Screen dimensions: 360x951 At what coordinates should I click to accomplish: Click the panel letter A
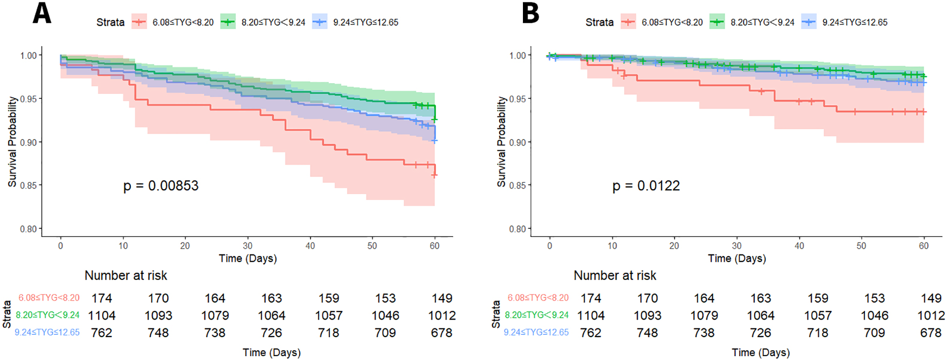point(42,14)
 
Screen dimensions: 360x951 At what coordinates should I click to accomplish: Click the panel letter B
point(530,14)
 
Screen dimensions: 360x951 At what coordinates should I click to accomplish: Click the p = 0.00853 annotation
point(161,186)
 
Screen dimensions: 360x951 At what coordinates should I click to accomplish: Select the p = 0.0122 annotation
point(646,186)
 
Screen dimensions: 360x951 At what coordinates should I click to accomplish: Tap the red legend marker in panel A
point(139,22)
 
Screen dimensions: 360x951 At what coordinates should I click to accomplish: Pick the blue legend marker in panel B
point(808,22)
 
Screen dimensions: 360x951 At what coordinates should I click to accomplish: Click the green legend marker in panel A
point(228,22)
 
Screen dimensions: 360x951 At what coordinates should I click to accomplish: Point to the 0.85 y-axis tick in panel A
point(28,185)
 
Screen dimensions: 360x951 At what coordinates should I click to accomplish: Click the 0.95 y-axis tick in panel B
point(517,99)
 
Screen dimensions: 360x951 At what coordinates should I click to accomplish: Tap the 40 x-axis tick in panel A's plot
point(310,246)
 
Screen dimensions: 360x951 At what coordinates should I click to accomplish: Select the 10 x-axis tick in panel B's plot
point(612,246)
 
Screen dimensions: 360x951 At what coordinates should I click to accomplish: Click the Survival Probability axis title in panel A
point(12,142)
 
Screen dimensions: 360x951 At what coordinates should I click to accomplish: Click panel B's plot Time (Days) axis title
point(736,258)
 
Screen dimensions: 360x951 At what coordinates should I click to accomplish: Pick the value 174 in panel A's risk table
point(102,298)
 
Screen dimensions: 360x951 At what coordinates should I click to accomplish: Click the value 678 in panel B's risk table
point(931,333)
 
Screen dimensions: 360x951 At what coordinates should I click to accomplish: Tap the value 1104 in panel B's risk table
point(591,316)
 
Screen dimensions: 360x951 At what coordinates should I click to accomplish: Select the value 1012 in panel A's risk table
point(442,316)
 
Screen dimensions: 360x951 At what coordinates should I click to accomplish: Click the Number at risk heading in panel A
point(126,276)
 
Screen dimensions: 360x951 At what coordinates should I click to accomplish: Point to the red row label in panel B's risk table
point(538,298)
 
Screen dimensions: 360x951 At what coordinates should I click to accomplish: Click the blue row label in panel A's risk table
point(47,333)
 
